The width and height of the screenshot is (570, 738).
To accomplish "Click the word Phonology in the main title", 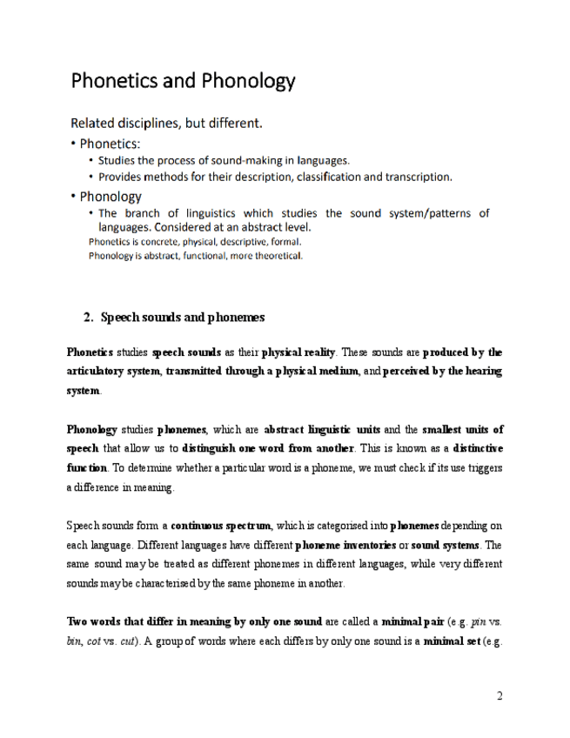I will tap(249, 83).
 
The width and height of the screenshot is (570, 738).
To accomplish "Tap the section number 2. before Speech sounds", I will tap(89, 317).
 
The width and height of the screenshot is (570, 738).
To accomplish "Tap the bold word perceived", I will tap(408, 372).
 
